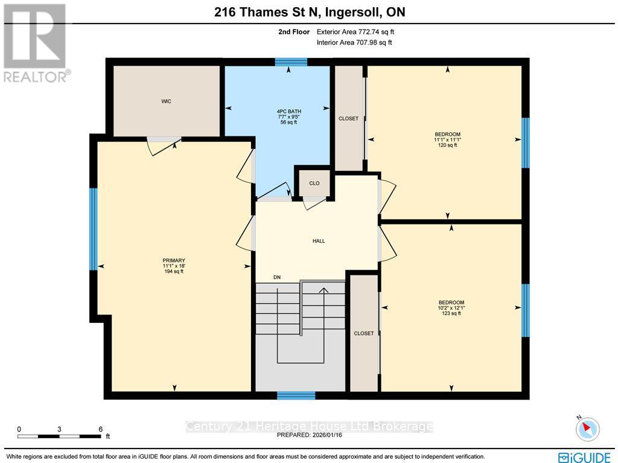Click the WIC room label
166,101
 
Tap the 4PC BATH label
288,112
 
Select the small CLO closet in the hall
314,183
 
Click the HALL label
319,241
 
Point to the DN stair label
276,278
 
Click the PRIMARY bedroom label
173,261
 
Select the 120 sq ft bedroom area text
447,145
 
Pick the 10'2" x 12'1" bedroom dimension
451,308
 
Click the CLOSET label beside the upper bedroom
348,118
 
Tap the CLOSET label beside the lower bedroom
364,333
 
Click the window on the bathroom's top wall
291,62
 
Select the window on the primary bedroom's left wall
94,229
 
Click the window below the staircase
296,395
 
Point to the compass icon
587,429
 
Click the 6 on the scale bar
100,429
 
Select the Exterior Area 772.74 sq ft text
356,32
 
